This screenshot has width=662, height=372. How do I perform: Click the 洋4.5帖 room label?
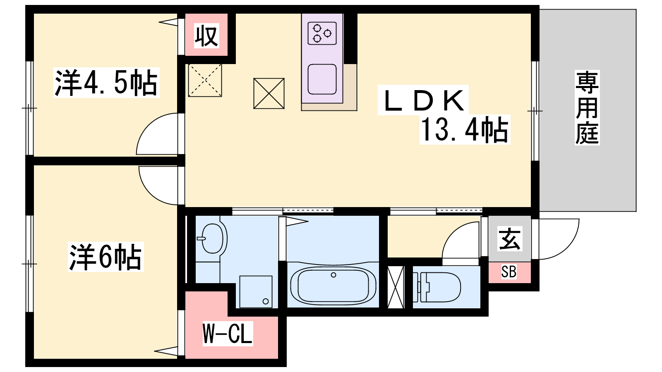[x=106, y=82]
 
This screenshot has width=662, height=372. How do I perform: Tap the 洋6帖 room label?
[x=106, y=257]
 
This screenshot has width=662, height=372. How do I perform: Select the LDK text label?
[x=423, y=100]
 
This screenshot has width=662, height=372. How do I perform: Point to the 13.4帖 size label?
[x=465, y=129]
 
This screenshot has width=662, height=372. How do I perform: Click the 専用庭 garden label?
[x=587, y=107]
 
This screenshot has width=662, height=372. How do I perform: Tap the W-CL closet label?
[x=228, y=333]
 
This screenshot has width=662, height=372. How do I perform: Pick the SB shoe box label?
[x=509, y=272]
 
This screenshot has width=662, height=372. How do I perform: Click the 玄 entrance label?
[x=509, y=239]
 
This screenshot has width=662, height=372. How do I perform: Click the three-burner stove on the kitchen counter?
[x=322, y=33]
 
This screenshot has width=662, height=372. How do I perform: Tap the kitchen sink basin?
[x=322, y=79]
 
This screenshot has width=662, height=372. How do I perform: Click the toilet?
[x=437, y=287]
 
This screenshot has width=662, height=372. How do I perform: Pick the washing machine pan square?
[x=256, y=292]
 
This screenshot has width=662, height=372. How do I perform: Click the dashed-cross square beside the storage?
[x=205, y=80]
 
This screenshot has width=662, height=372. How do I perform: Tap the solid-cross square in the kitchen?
[x=269, y=93]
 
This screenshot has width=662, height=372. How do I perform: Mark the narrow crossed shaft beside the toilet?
[x=396, y=287]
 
